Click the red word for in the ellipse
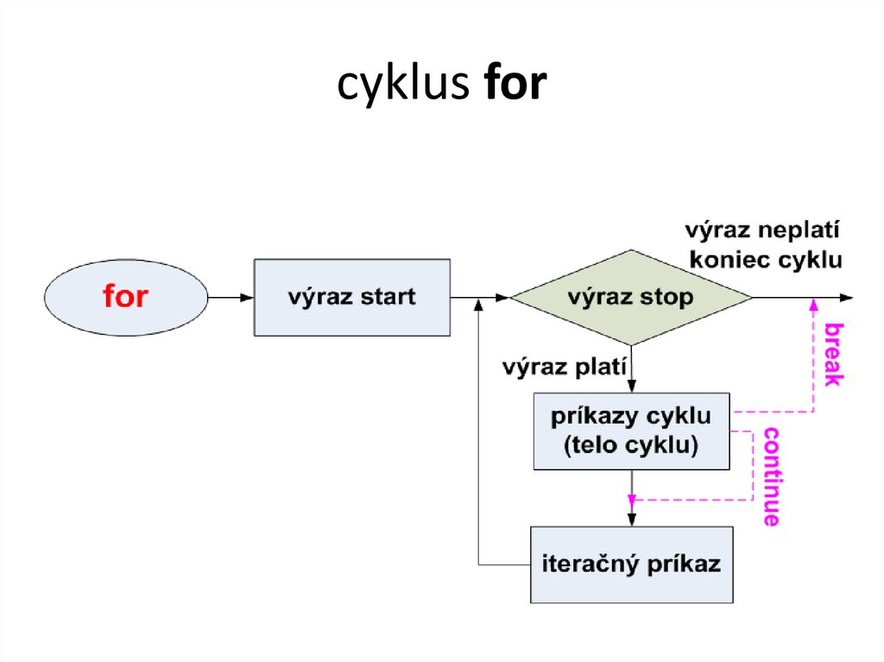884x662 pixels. coord(125,297)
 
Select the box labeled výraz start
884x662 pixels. coord(351,297)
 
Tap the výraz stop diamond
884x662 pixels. coord(631,298)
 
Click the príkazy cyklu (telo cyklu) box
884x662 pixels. coord(631,431)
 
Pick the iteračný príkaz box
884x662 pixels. coord(631,564)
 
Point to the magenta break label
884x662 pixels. coord(832,354)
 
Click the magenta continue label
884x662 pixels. coord(771,476)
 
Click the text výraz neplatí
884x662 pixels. coord(763,231)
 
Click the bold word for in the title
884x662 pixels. coord(515,85)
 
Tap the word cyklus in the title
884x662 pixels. coord(402,85)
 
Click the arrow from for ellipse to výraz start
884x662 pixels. coord(230,298)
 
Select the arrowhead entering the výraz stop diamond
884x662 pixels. coord(503,298)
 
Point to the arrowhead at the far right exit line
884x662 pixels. coord(848,298)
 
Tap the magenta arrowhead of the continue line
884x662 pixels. coord(632,500)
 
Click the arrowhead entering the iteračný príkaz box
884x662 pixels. coord(632,520)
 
